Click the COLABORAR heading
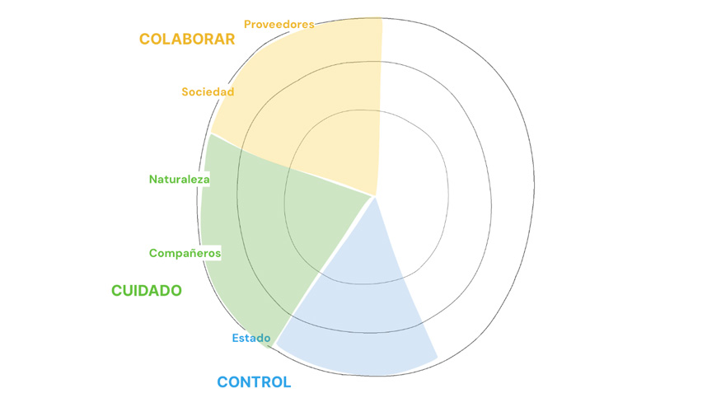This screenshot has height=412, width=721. [187, 39]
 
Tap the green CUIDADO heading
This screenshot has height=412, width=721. [147, 291]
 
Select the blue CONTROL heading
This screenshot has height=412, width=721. [254, 382]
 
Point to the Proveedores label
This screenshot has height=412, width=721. [279, 25]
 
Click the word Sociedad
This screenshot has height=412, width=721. [208, 92]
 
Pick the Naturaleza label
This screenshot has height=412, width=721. [180, 180]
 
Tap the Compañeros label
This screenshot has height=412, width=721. [185, 253]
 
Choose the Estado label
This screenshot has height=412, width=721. [251, 339]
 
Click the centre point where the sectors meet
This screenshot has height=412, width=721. [374, 197]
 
